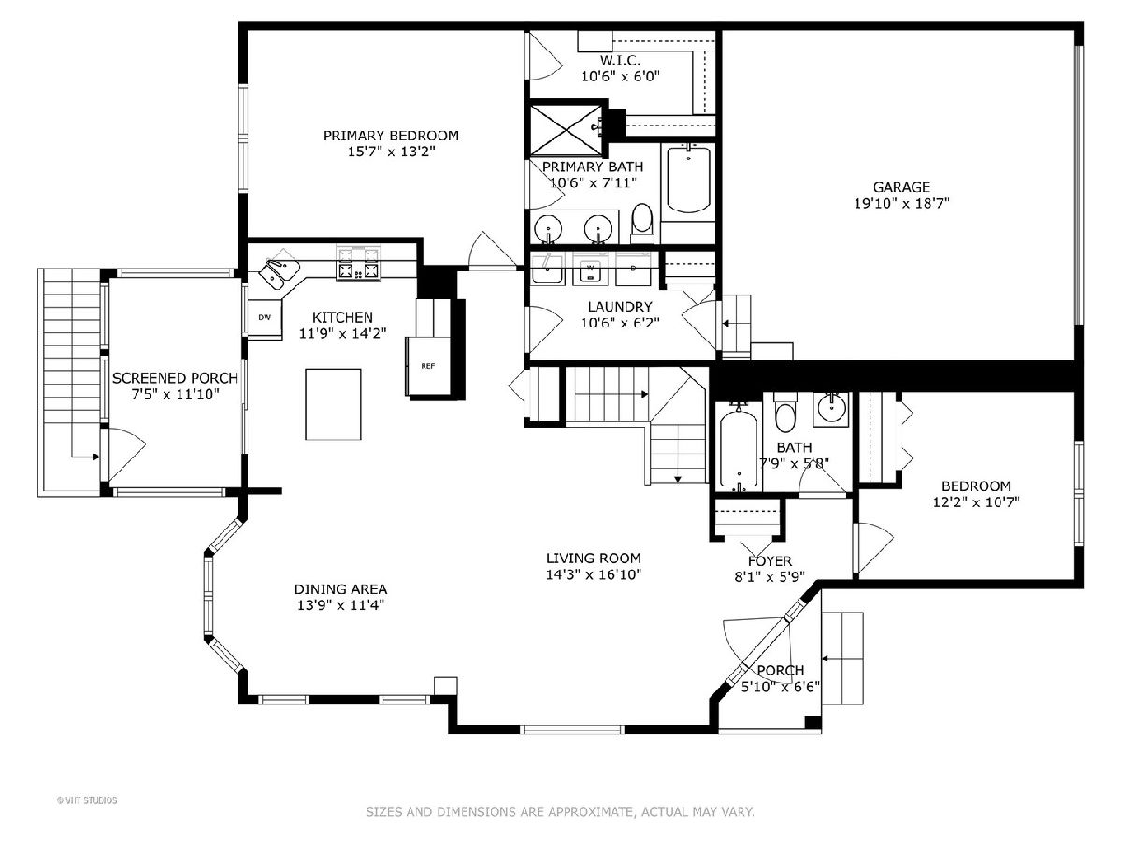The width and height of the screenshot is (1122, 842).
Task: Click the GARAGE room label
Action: coord(900,187)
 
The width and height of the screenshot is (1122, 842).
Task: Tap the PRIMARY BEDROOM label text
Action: coord(391,136)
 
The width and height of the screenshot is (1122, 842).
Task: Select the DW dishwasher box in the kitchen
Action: coord(265,317)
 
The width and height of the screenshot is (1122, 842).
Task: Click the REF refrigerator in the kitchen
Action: coord(428,366)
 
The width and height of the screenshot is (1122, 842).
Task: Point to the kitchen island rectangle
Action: coord(333,404)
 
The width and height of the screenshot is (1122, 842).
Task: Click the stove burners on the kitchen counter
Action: coord(358,263)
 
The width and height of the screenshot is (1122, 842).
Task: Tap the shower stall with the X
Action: coord(567,130)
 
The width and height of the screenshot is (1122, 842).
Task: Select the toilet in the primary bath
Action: coord(642,224)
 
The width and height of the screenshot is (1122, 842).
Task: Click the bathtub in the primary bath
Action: coord(688,179)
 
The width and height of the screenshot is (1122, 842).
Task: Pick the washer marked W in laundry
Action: coord(590,269)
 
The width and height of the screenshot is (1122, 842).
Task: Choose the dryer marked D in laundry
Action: coord(633,269)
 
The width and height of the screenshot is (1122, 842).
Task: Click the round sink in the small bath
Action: coord(831,409)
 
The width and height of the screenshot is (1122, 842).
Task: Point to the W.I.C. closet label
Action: coord(620,60)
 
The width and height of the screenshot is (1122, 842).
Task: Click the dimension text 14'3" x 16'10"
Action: coord(594,574)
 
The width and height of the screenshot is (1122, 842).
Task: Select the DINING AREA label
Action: coord(340,589)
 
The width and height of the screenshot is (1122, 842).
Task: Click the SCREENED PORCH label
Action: coord(176,378)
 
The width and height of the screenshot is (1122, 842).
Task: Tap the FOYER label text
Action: coord(770,560)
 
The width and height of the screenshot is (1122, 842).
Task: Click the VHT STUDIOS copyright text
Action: coord(87,800)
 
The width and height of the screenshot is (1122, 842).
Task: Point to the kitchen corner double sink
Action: coord(279,272)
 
